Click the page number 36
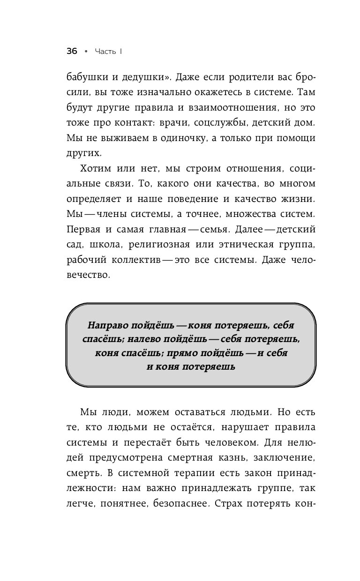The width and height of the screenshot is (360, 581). coord(72,52)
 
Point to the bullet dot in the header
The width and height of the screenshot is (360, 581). coord(86,52)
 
